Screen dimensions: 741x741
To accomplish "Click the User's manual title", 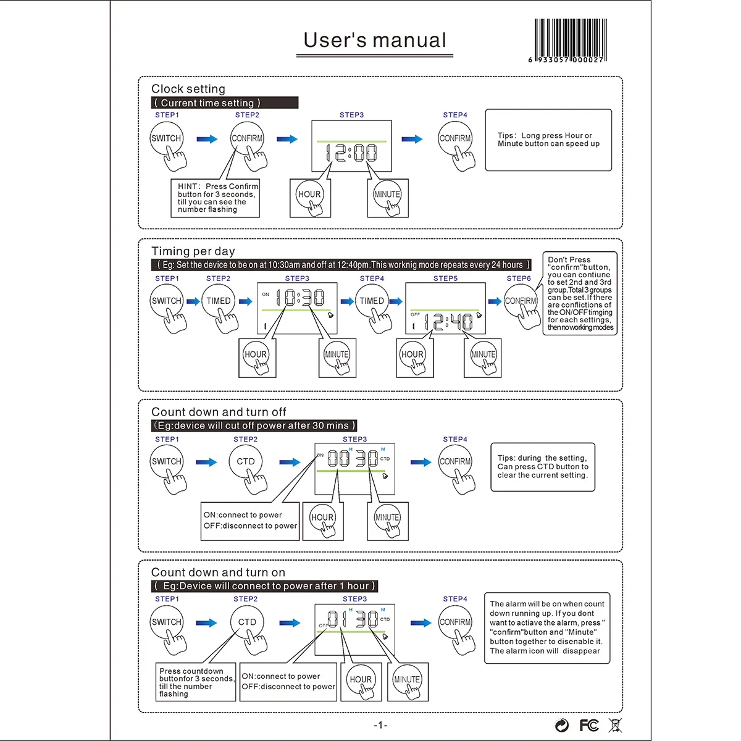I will [x=375, y=41].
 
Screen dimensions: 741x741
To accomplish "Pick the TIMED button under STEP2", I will [x=219, y=301].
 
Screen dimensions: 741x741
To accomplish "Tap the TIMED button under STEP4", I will [x=372, y=301].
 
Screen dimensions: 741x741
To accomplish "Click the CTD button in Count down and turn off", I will [x=246, y=462].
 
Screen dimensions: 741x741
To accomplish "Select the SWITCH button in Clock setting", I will [x=167, y=138].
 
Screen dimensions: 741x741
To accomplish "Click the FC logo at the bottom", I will [x=589, y=725].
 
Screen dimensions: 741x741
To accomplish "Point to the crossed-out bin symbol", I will [x=615, y=725].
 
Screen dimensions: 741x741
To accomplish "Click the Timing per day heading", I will [x=193, y=251].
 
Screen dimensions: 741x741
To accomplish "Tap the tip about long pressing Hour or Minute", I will [x=548, y=140].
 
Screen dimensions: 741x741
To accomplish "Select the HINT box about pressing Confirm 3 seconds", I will [x=215, y=198].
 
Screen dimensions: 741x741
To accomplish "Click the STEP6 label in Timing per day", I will [x=519, y=278].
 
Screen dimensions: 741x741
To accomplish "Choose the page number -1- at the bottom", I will [x=380, y=725].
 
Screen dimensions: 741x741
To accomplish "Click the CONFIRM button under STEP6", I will [x=521, y=301].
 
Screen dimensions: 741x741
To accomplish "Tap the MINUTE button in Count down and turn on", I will [x=407, y=680].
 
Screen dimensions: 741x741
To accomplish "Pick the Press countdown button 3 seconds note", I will [x=195, y=682].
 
